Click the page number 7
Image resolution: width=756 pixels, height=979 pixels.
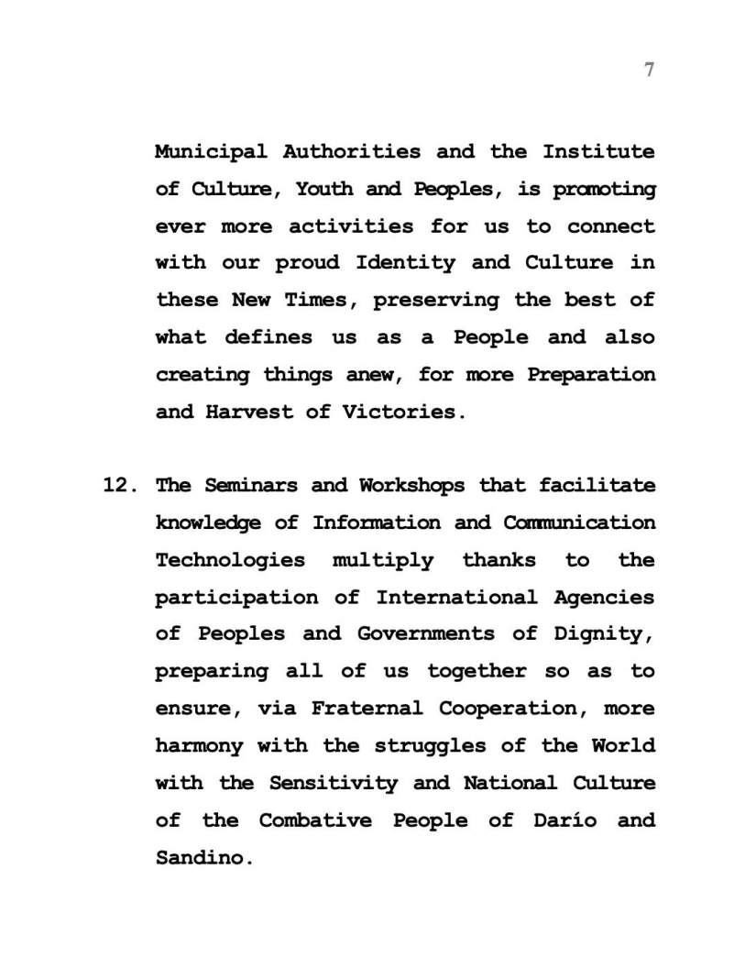point(649,70)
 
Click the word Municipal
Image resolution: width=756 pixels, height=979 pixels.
point(211,151)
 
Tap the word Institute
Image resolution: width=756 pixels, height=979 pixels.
point(598,151)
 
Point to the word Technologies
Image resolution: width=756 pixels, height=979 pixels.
point(230,560)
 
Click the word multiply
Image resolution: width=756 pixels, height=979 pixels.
point(382,560)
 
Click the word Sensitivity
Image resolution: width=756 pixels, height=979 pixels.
point(333,783)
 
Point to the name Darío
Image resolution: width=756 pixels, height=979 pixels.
point(564,820)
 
